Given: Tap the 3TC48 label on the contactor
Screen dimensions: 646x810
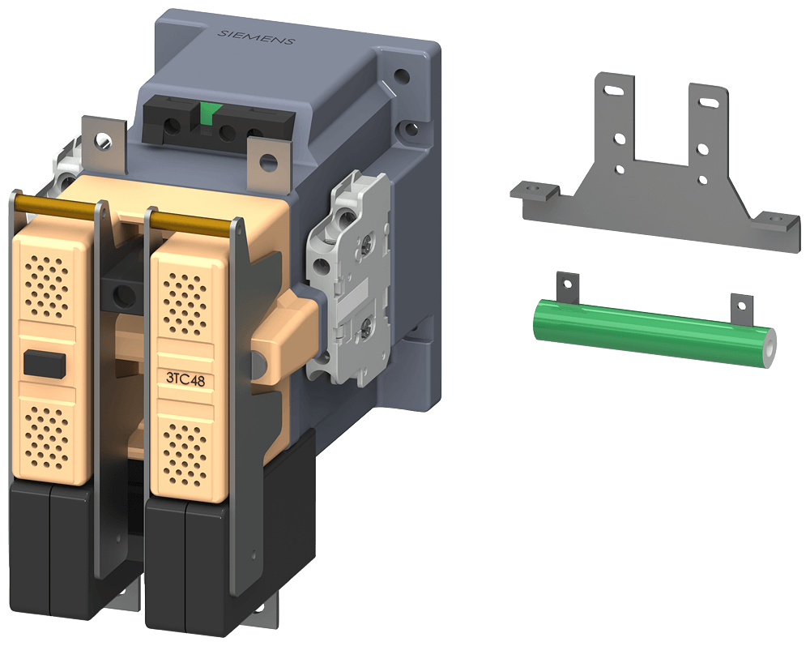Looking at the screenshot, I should [185, 377].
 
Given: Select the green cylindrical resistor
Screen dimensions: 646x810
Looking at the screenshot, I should [648, 333].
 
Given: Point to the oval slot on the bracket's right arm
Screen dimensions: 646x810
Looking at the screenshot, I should [708, 104].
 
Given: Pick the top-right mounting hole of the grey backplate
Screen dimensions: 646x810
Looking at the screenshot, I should [400, 79].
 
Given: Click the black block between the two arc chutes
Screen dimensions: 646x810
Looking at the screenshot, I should [121, 290].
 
